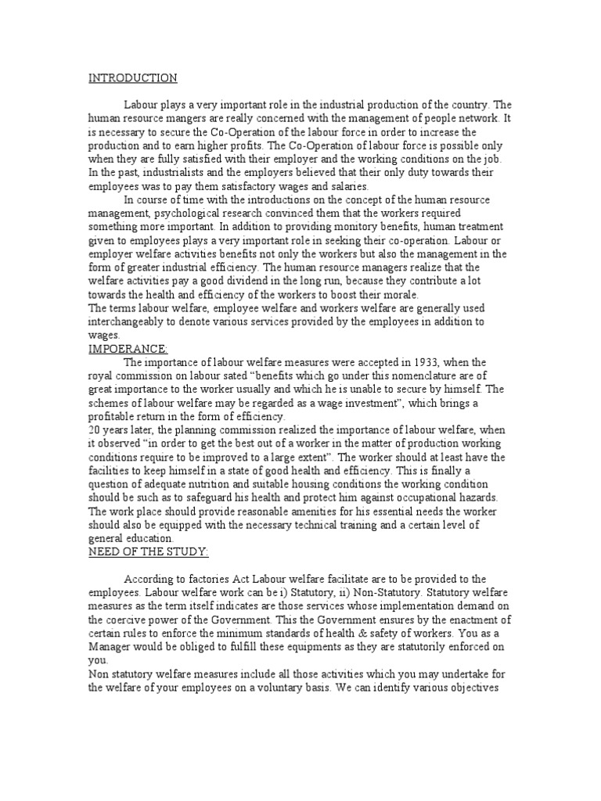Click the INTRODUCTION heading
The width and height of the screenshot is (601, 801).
[132, 77]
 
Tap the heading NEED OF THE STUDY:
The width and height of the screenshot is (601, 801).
[148, 552]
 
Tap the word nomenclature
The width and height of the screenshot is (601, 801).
[408, 375]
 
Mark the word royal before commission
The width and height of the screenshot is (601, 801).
[101, 375]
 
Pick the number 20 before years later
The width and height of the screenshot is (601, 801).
[94, 430]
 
